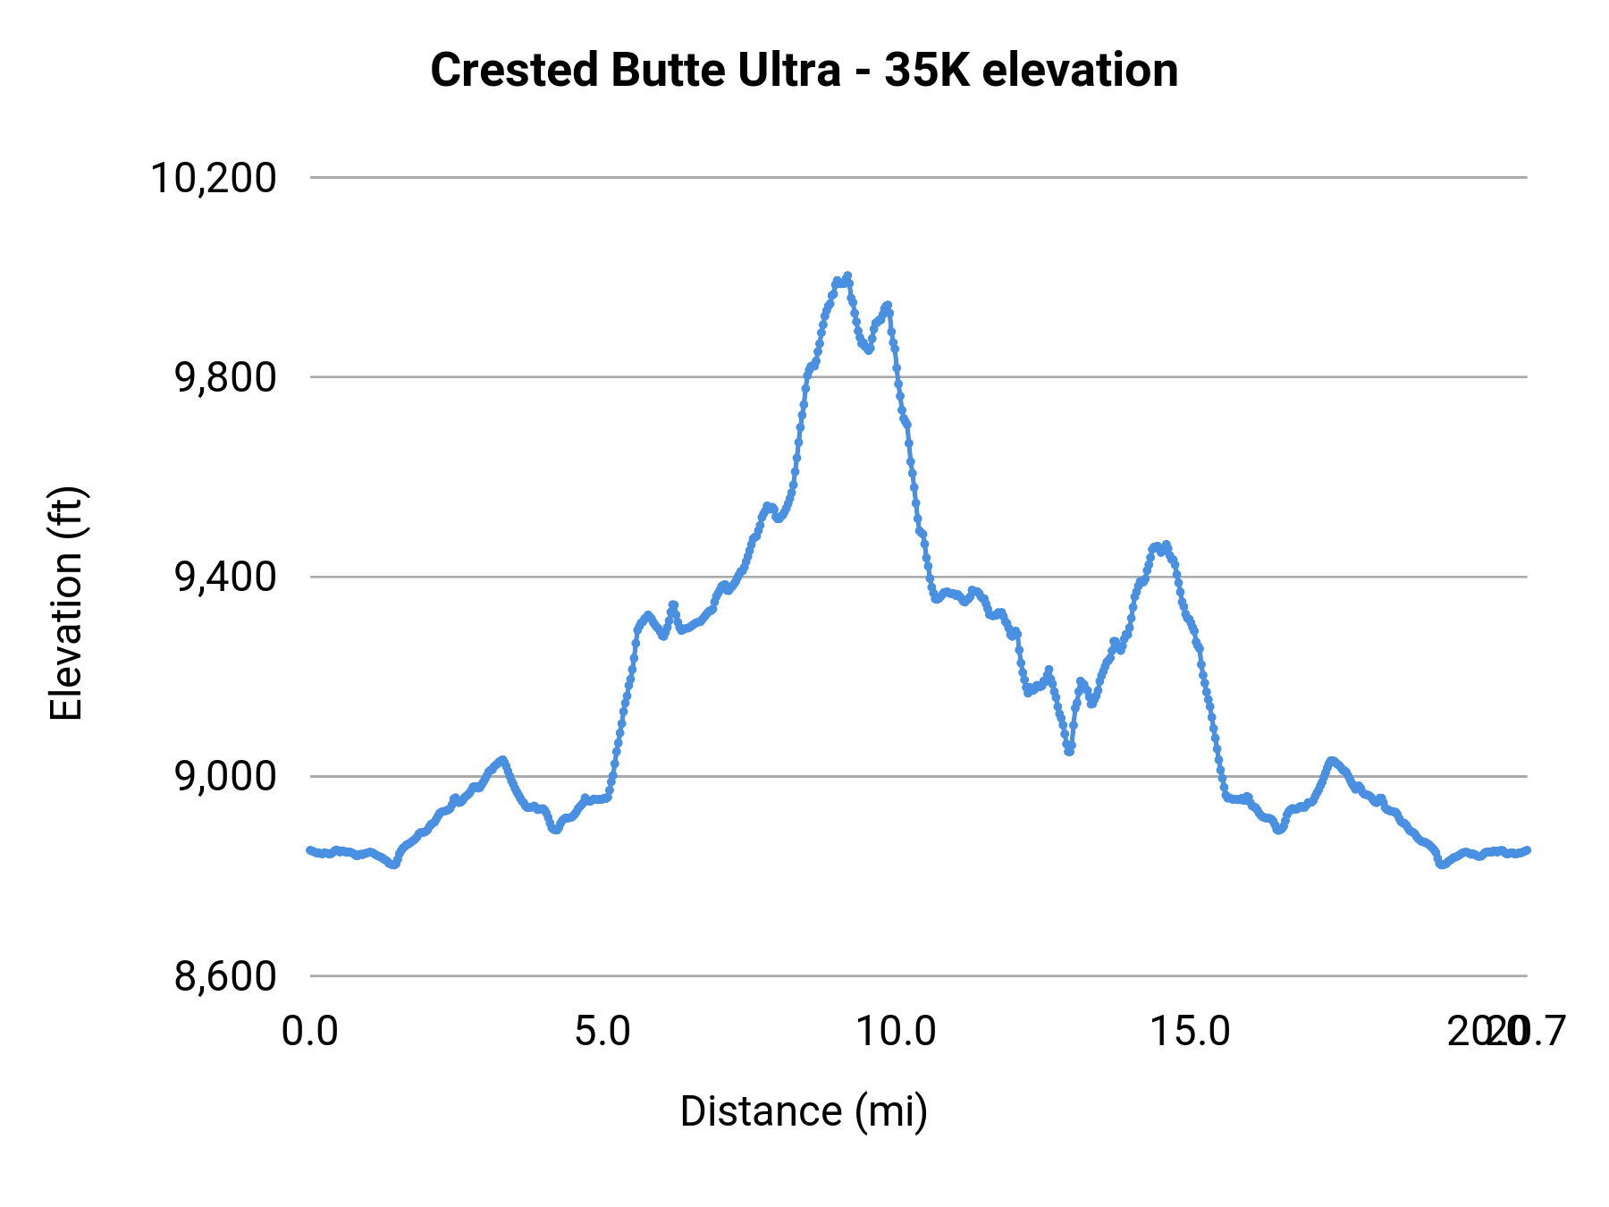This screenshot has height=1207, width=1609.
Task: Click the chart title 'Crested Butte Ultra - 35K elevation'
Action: pyautogui.click(x=804, y=70)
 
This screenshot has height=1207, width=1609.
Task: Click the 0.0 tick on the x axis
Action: pyautogui.click(x=310, y=1032)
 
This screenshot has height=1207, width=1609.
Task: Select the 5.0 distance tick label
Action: pyautogui.click(x=602, y=1032)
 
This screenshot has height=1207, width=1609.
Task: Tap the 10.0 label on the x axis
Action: pyautogui.click(x=896, y=1032)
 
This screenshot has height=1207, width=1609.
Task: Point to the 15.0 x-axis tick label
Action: pyautogui.click(x=1190, y=1032)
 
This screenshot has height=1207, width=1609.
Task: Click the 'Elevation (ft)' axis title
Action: pyautogui.click(x=66, y=603)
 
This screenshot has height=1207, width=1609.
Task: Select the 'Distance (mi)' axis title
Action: pyautogui.click(x=804, y=1111)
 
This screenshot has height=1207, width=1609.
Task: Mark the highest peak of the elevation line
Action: pyautogui.click(x=847, y=275)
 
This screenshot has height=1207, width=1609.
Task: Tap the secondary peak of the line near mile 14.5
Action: pyautogui.click(x=1166, y=544)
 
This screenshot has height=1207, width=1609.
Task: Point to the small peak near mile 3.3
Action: pyautogui.click(x=503, y=760)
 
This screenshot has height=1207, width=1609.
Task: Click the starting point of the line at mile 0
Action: pyautogui.click(x=309, y=849)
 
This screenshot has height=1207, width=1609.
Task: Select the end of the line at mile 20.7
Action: pyautogui.click(x=1528, y=849)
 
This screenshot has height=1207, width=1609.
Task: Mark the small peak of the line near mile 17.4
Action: pyautogui.click(x=1332, y=760)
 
